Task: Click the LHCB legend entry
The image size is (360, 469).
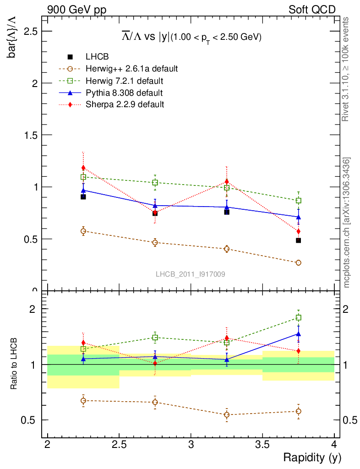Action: point(96,57)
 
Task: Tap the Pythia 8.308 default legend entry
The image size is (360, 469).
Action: point(124,93)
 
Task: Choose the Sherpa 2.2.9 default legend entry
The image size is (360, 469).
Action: point(125,104)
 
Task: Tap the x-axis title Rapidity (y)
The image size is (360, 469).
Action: point(312,457)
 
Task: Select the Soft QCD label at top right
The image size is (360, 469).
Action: point(312,9)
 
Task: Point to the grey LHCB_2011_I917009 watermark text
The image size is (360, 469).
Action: point(190,274)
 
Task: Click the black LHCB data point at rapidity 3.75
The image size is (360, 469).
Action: point(298,240)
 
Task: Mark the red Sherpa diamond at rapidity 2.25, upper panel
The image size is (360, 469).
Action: point(83,168)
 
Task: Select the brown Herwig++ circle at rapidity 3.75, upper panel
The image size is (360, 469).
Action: point(298,263)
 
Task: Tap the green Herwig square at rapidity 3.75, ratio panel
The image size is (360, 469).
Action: point(298,317)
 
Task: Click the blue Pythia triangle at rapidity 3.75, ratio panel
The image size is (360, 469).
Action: point(298,334)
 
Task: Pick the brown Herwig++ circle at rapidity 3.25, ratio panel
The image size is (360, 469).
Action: point(227,415)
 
